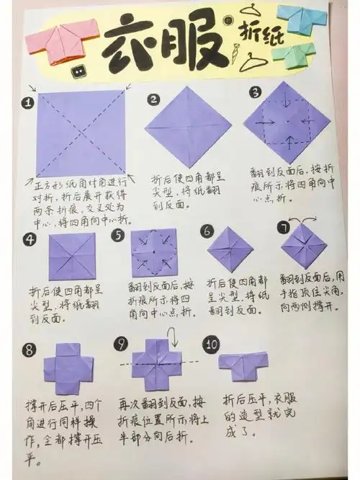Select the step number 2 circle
pyautogui.click(x=153, y=99)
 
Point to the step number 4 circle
pyautogui.click(x=30, y=239)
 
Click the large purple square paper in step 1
pyautogui.click(x=80, y=133)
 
